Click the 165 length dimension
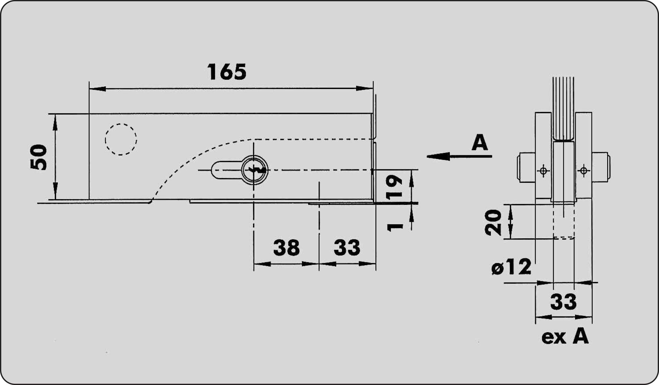pos(227,72)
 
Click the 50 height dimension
pos(39,157)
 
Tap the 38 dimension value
pos(286,248)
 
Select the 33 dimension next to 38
pos(347,248)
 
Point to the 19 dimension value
pos(394,187)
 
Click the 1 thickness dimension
pos(395,227)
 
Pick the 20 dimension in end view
pos(493,223)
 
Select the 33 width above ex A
pos(563,302)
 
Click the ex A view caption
pos(565,337)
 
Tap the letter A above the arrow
pos(480,142)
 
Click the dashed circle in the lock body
pos(121,139)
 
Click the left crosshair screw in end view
pos(543,171)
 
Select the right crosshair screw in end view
pos(584,171)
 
